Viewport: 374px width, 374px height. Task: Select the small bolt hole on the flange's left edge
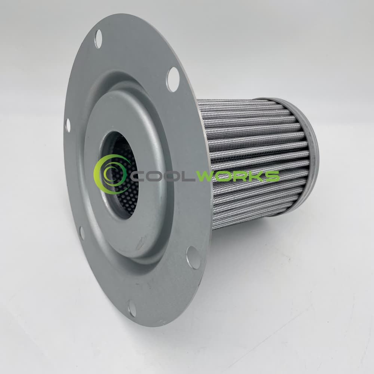pyautogui.click(x=68, y=125)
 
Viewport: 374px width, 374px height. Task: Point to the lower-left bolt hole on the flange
pyautogui.click(x=82, y=233)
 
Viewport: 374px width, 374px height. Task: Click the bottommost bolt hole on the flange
pyautogui.click(x=132, y=308)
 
